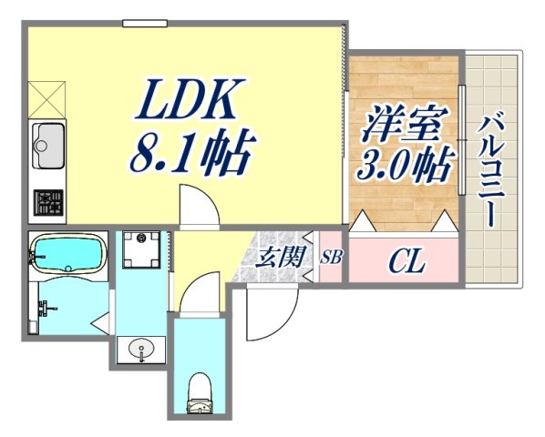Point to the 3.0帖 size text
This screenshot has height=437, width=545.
point(405,167)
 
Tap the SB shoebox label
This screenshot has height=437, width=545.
point(331,257)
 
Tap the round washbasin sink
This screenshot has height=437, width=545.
point(139,348)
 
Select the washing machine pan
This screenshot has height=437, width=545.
point(142,248)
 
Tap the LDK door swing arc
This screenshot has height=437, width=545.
point(197,206)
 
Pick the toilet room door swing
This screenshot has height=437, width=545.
point(200,295)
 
